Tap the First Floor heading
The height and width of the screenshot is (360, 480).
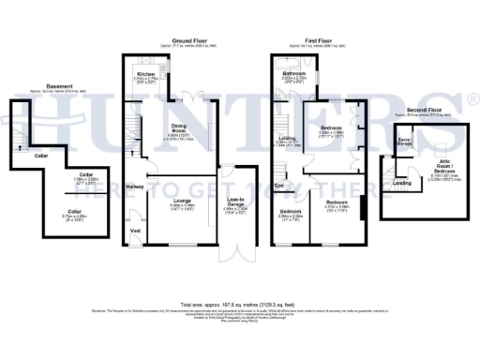tap(318, 41)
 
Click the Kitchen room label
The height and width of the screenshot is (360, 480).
tap(146, 74)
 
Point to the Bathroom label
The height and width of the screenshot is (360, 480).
tap(296, 73)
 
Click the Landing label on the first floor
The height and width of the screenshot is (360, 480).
tap(287, 139)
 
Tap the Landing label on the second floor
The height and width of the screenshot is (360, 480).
tap(401, 183)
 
